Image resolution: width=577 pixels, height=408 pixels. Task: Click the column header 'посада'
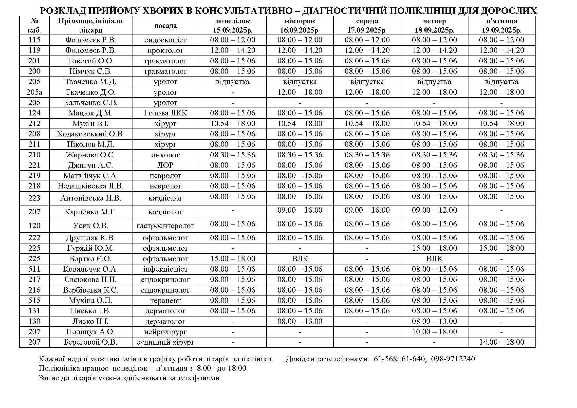point(165,26)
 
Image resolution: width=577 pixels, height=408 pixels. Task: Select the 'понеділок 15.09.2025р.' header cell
point(232,26)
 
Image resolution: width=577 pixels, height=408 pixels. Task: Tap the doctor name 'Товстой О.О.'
point(91,61)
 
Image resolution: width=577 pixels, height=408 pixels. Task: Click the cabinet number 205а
point(35,92)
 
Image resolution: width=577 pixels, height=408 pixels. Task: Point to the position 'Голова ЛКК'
point(165,113)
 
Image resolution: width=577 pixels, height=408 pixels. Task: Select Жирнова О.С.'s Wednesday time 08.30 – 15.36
point(367,155)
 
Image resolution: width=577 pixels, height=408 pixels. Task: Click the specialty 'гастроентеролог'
point(165,226)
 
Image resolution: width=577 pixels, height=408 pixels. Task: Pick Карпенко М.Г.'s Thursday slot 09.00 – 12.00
point(434,210)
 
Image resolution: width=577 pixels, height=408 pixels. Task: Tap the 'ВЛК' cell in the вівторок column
point(300,259)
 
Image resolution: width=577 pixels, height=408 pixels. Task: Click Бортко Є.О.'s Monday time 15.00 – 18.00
point(232,259)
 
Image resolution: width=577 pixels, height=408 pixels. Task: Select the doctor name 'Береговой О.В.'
point(91,342)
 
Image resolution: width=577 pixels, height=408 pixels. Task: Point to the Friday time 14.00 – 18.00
point(501,342)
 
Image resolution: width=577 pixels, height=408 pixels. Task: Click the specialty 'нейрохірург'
point(165,332)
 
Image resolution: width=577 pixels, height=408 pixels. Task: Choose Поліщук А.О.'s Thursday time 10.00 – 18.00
point(434,332)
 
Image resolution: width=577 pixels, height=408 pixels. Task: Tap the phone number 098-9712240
point(453,359)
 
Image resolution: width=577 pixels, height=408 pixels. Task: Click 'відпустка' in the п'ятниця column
point(501,82)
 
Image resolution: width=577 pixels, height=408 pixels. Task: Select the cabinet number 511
point(35,269)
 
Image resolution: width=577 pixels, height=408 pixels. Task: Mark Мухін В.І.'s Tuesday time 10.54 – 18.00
point(300,123)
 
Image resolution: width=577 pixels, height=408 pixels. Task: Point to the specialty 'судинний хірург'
point(165,342)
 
